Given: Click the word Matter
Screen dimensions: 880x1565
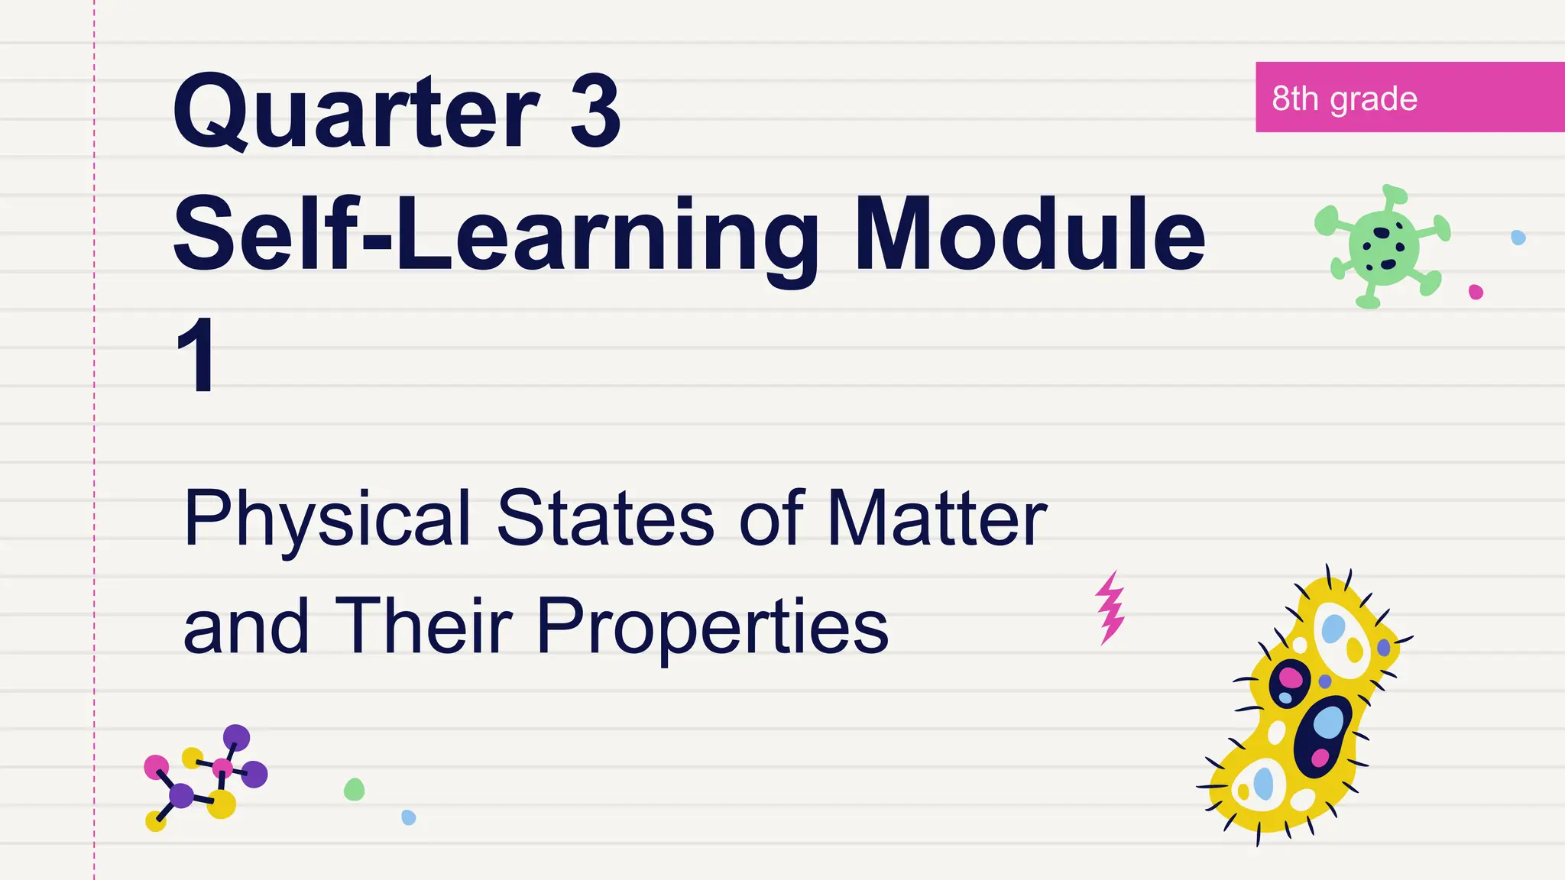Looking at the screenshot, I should (937, 519).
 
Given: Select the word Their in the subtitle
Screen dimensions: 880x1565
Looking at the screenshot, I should (423, 626).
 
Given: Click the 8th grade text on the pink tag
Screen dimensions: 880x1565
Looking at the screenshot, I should (1344, 99).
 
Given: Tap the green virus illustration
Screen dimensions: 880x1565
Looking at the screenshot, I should (1382, 246).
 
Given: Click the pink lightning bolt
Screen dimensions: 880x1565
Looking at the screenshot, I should (1110, 607).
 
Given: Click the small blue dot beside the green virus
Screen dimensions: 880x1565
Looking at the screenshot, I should (1518, 238).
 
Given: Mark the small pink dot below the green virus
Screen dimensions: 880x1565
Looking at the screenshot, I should (1476, 292).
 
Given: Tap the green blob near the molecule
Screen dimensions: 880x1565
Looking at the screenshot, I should (354, 789).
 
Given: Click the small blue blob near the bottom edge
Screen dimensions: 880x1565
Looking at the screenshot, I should (409, 817).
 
